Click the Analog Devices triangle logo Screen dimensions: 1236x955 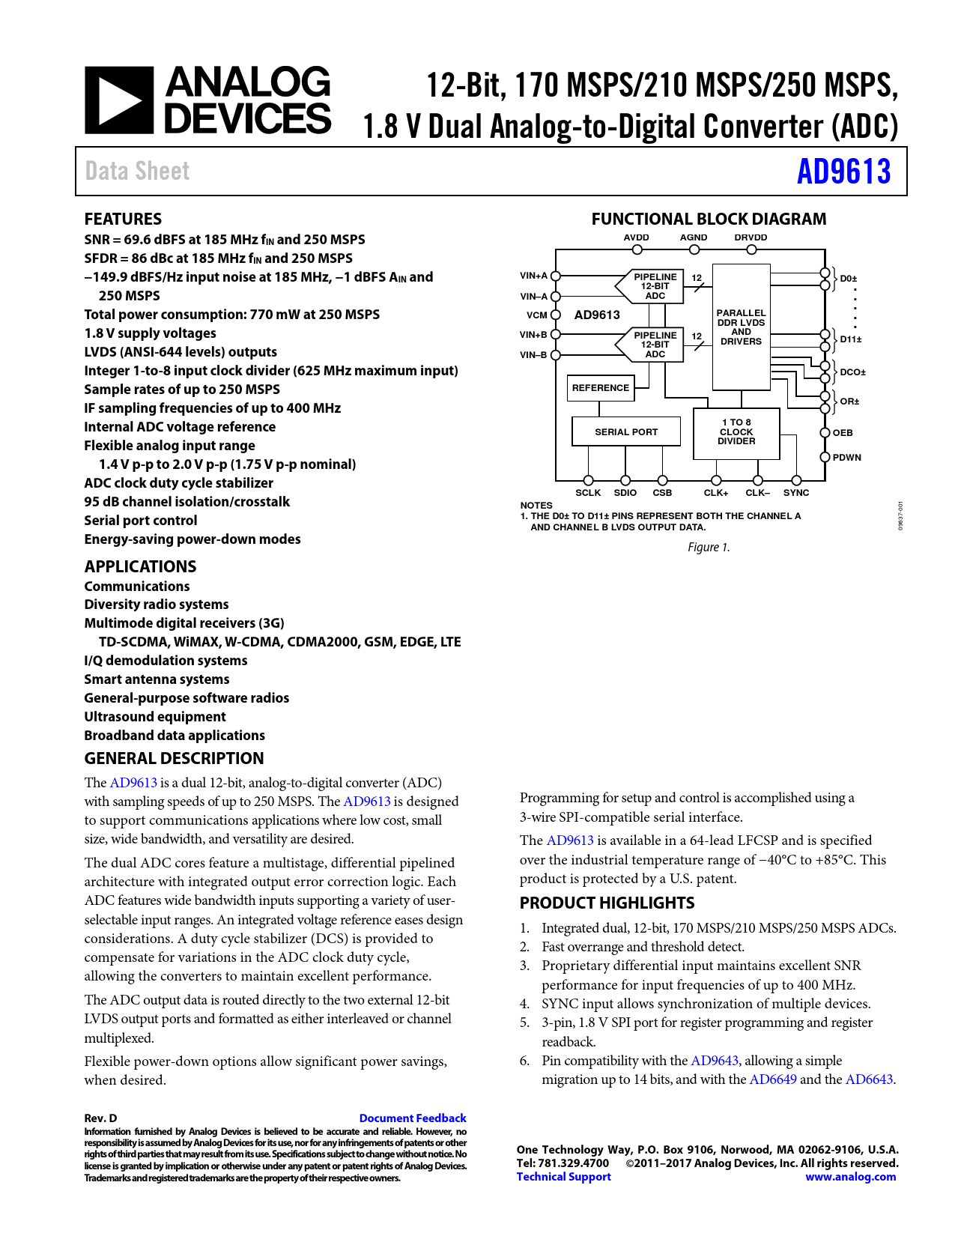(x=119, y=100)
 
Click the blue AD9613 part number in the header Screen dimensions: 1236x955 (x=843, y=172)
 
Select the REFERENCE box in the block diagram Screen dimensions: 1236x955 (x=601, y=388)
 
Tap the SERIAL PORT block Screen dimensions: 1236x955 (x=626, y=432)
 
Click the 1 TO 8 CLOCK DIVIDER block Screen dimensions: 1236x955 (x=736, y=432)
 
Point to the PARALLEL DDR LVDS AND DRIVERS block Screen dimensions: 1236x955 (x=741, y=327)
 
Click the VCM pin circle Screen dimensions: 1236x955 (x=556, y=315)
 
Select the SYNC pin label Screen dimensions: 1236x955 (x=796, y=493)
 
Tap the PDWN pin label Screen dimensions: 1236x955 (x=847, y=458)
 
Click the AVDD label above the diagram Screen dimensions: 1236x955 (x=637, y=237)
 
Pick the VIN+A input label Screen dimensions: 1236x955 (x=534, y=276)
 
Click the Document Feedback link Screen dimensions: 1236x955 (x=413, y=1118)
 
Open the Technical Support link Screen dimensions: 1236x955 (x=564, y=1177)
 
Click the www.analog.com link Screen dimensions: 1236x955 (x=850, y=1177)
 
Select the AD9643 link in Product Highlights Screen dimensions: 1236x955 (x=715, y=1061)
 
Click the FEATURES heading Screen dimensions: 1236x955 (x=123, y=219)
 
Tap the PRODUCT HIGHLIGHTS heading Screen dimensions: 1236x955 (x=607, y=903)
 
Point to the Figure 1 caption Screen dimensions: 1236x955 (x=709, y=548)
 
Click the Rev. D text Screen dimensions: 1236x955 (x=100, y=1118)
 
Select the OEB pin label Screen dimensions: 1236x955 (x=843, y=433)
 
